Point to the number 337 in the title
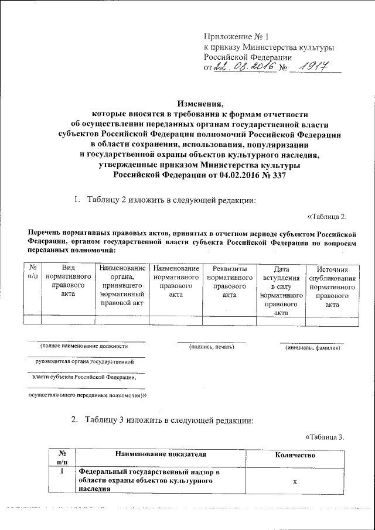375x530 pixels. pyautogui.click(x=277, y=175)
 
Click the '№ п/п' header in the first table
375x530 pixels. pyautogui.click(x=32, y=272)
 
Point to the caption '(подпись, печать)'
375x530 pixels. pyautogui.click(x=212, y=348)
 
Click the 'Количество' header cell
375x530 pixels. pyautogui.click(x=295, y=455)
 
